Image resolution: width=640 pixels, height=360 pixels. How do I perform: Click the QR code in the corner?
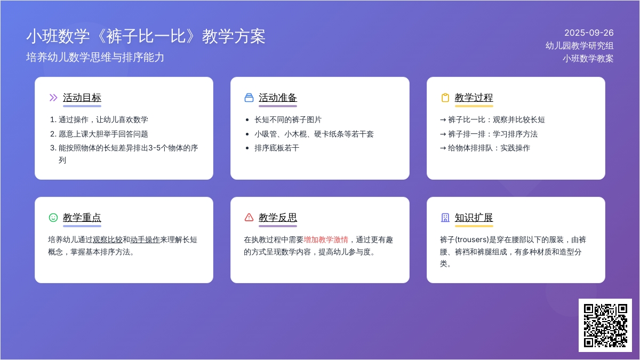[x=605, y=325]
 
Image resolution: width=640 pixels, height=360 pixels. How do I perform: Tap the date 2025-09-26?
[x=589, y=33]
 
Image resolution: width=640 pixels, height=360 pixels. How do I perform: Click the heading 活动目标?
[x=82, y=98]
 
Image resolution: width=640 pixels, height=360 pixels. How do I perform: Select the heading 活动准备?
[x=278, y=98]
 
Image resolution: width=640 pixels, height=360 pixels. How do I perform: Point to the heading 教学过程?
[x=474, y=98]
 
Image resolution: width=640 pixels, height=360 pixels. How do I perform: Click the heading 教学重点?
[x=82, y=218]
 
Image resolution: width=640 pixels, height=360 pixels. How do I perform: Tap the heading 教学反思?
[x=278, y=218]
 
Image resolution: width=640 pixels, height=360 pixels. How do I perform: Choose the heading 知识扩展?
[x=474, y=218]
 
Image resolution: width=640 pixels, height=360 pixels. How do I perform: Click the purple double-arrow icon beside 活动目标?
[x=53, y=98]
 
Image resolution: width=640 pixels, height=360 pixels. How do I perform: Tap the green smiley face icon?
[x=53, y=218]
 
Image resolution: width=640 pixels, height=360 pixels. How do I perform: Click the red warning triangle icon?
[x=249, y=218]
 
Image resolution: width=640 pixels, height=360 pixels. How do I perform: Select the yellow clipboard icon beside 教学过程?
[x=445, y=98]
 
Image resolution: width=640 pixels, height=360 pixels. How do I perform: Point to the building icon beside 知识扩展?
[x=445, y=218]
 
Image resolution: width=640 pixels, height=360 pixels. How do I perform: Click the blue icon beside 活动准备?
[x=249, y=98]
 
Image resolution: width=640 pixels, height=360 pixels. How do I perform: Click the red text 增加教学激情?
[x=326, y=239]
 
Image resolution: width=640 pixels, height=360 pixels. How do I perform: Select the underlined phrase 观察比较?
[x=107, y=239]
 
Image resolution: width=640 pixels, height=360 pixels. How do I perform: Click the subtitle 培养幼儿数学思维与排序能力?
[x=95, y=58]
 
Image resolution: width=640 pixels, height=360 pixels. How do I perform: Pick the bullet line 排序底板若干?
[x=277, y=148]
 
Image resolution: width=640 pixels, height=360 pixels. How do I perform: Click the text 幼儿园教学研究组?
[x=579, y=46]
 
